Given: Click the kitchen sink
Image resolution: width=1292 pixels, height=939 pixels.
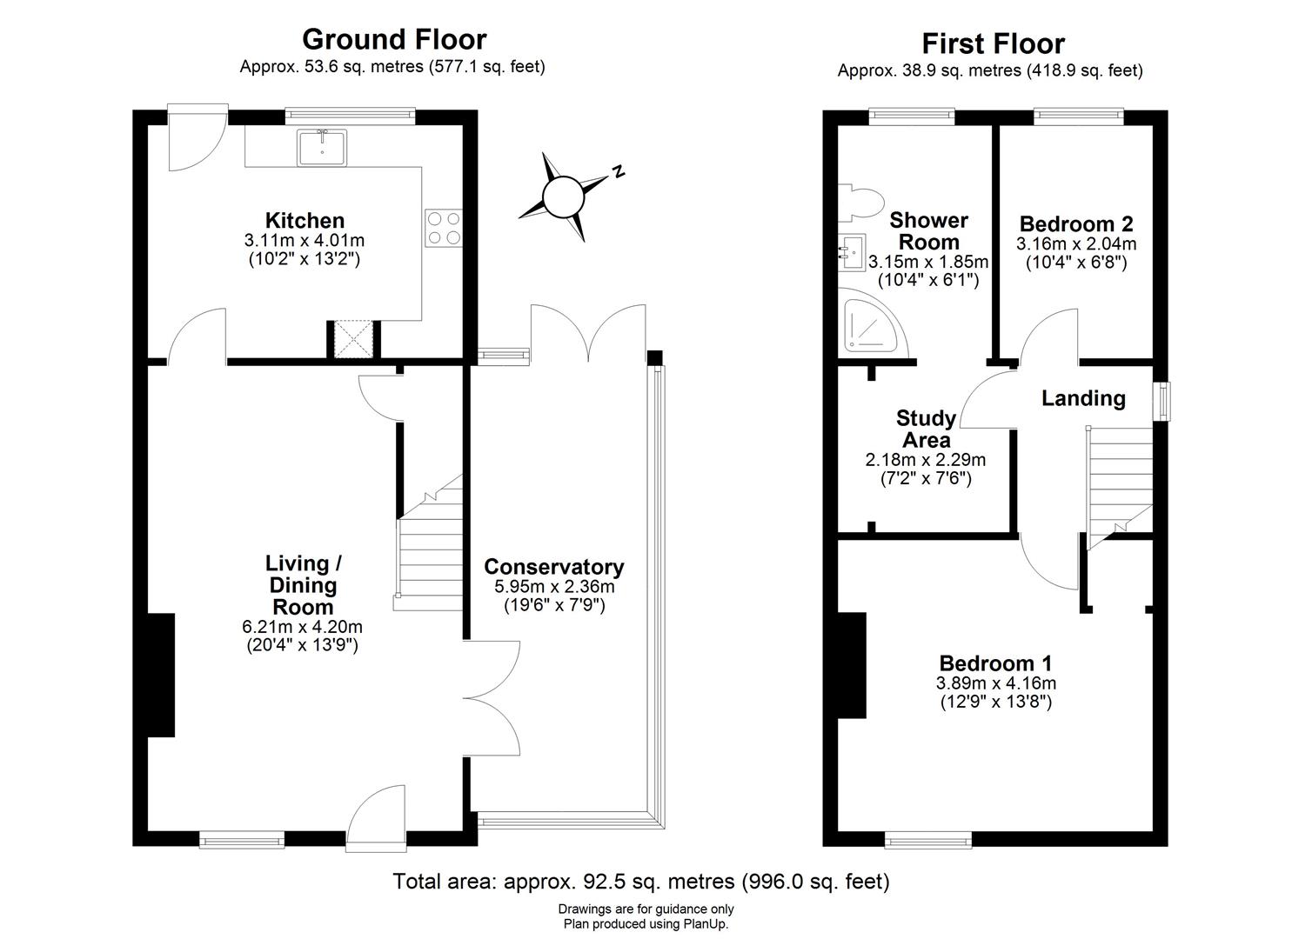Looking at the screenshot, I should click(x=321, y=147).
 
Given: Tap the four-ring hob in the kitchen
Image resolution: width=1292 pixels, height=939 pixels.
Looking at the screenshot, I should click(x=444, y=228).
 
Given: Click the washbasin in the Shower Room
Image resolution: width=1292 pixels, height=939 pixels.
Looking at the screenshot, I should click(x=851, y=250).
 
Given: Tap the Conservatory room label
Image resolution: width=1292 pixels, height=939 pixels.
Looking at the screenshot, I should click(x=553, y=567).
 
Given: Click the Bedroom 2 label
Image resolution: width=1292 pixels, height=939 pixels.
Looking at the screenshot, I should click(x=1075, y=223).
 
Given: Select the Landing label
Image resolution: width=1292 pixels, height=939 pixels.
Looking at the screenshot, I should click(x=1083, y=398).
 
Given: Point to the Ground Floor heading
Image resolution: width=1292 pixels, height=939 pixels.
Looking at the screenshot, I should click(x=393, y=39).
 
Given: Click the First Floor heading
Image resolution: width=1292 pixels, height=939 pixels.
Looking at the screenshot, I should click(x=993, y=43).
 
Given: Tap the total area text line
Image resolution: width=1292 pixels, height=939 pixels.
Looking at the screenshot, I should click(x=641, y=882).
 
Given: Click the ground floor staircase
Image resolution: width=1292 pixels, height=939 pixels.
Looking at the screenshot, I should click(x=430, y=548).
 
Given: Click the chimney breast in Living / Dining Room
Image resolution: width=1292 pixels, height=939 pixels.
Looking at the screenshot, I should click(x=161, y=676).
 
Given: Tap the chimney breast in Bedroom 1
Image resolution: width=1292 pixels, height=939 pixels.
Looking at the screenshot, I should click(x=852, y=665).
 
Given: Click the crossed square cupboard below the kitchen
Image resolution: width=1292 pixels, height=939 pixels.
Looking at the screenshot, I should click(x=352, y=339).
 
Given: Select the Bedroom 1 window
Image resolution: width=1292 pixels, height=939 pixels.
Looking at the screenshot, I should click(x=927, y=840).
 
